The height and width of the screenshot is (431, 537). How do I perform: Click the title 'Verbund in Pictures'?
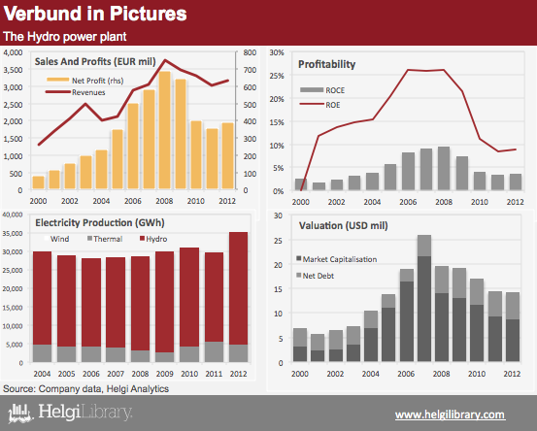pyautogui.click(x=95, y=14)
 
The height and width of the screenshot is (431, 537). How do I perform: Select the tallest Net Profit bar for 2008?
pyautogui.click(x=165, y=130)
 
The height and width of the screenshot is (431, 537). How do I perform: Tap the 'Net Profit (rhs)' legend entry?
pyautogui.click(x=85, y=81)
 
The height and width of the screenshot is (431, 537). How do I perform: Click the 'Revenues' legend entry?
pyautogui.click(x=76, y=92)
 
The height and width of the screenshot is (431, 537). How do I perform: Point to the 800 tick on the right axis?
pyautogui.click(x=250, y=52)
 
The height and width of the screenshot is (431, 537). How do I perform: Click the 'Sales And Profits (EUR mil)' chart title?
pyautogui.click(x=95, y=61)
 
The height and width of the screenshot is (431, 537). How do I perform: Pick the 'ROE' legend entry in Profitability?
pyautogui.click(x=319, y=105)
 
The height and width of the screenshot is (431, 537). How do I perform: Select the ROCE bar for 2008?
pyautogui.click(x=444, y=168)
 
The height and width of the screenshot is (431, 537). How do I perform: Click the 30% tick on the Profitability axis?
pyautogui.click(x=277, y=52)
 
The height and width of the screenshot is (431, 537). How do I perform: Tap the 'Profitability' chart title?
pyautogui.click(x=326, y=64)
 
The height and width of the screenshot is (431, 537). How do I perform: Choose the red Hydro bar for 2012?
pyautogui.click(x=238, y=288)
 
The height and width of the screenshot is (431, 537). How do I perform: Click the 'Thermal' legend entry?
pyautogui.click(x=105, y=239)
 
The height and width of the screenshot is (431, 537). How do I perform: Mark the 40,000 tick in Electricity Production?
pyautogui.click(x=13, y=215)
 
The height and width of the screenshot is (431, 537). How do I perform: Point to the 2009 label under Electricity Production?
pyautogui.click(x=165, y=374)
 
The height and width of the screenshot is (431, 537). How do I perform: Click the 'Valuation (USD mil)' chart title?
pyautogui.click(x=344, y=226)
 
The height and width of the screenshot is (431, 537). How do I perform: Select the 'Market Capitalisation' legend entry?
pyautogui.click(x=336, y=259)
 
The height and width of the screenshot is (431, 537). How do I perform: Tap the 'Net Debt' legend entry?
pyautogui.click(x=315, y=276)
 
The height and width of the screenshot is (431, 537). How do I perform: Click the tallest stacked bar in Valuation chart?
pyautogui.click(x=424, y=298)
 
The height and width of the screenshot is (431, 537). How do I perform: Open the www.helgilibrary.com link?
pyautogui.click(x=450, y=414)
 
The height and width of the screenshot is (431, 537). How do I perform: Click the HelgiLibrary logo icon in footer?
pyautogui.click(x=20, y=414)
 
